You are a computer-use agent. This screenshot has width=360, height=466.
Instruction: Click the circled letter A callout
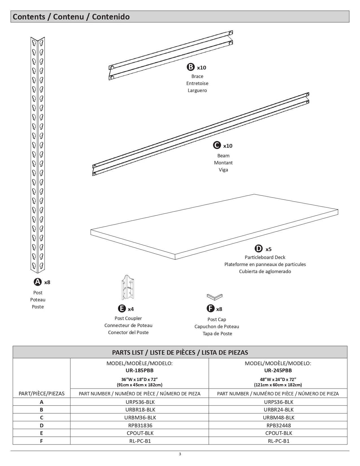tap(38, 282)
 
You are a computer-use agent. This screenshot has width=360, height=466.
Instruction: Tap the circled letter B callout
tap(191, 67)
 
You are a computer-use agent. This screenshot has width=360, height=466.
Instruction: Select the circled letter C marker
tap(217, 145)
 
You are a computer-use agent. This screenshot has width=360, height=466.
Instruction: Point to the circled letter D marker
tap(259, 249)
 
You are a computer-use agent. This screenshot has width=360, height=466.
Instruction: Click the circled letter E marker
tap(122, 308)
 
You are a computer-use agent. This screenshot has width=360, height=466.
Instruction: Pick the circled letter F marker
tap(211, 308)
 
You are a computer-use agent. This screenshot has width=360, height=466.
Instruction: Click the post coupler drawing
tap(128, 288)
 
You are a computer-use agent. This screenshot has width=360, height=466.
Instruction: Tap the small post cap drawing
tap(215, 297)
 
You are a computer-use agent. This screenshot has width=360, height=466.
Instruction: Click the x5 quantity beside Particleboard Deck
tap(269, 249)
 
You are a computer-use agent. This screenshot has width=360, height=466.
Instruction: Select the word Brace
tap(197, 76)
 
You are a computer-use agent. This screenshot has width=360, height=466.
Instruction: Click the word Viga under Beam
tap(223, 170)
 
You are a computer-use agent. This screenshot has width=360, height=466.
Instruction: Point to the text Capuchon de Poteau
tap(217, 326)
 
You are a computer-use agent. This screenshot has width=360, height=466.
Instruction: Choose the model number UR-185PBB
tap(139, 370)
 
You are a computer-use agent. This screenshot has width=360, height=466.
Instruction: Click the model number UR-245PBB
tap(278, 370)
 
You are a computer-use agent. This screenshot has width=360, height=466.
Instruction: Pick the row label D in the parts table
tap(42, 425)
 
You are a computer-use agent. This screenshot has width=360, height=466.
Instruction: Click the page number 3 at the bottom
tap(180, 454)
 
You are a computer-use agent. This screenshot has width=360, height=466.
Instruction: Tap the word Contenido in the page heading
tap(111, 17)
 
